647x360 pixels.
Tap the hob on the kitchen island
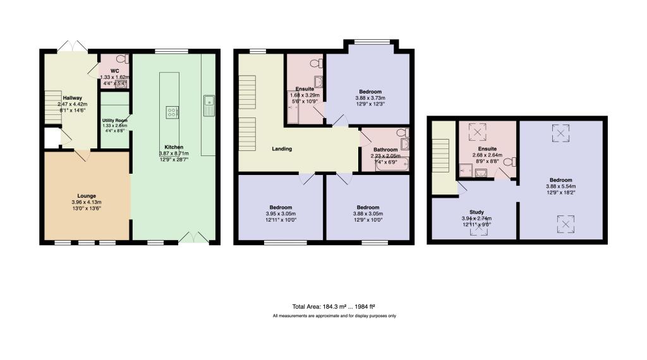tap(171, 112)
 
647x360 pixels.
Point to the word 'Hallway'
tap(71, 98)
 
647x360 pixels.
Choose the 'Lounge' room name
tap(87, 196)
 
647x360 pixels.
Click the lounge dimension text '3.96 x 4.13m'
tap(87, 202)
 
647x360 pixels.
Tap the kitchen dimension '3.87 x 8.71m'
tap(174, 153)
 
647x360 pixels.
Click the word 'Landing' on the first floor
tap(281, 149)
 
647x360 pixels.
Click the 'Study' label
tap(476, 212)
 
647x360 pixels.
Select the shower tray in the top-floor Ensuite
tap(466, 169)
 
